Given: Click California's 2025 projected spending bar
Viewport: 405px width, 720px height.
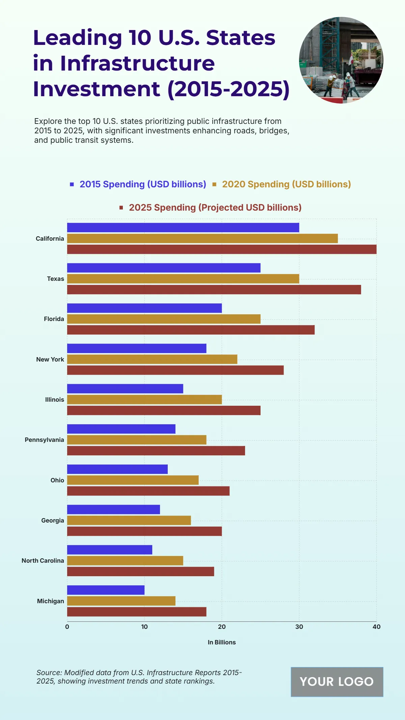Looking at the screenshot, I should point(222,249).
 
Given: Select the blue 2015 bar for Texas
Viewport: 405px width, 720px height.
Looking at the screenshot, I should point(164,268).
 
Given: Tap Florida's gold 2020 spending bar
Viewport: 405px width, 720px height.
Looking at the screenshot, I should point(164,319).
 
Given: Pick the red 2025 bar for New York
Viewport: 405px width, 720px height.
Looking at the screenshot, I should point(175,370).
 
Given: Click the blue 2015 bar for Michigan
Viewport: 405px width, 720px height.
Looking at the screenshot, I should point(106,590).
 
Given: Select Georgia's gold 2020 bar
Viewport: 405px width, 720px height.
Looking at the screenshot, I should point(129,521).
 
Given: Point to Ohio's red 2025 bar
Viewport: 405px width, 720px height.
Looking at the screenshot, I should point(148,491).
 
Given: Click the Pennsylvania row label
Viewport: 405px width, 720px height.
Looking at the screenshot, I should point(44,440).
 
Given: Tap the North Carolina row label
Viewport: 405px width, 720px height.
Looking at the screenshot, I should point(43,561).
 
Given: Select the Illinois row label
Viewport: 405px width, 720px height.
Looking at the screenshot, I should point(55,400).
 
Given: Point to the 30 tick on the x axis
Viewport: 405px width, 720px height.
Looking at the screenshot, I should point(299,627).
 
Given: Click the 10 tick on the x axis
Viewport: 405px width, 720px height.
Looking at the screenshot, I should point(144,627).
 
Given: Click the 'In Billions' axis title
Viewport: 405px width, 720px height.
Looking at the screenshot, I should point(222,642).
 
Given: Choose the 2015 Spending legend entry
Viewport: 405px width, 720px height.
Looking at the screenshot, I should point(142,184).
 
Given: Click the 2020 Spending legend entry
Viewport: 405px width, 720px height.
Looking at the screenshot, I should point(286,184).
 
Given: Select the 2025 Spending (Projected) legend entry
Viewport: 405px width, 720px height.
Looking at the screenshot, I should point(215,208).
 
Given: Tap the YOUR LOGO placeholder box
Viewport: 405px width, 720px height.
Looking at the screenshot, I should point(337,682).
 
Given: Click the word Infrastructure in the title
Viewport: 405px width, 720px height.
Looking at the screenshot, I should point(137,63).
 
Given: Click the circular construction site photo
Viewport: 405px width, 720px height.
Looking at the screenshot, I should point(341,60).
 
